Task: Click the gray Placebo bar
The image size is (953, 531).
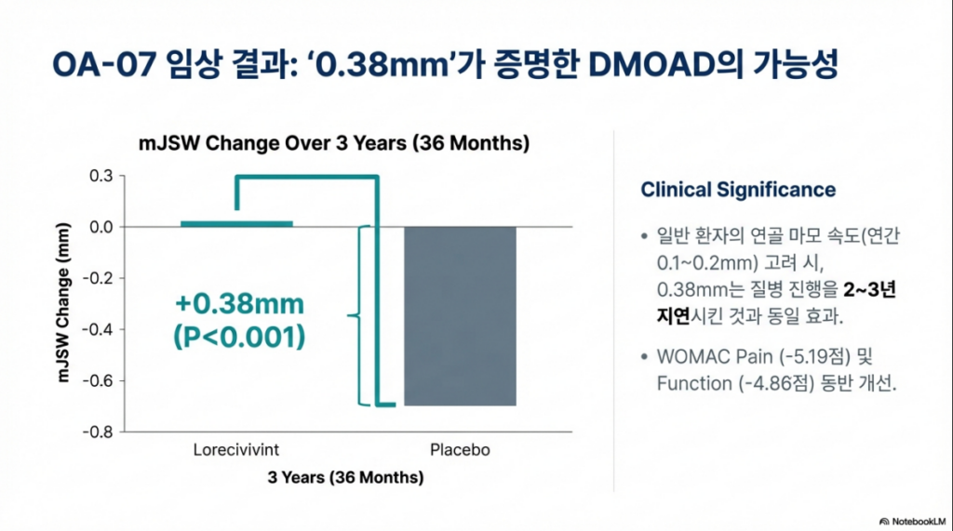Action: (x=460, y=316)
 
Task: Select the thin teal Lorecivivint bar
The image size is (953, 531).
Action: (x=236, y=223)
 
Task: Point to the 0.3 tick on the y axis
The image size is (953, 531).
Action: (x=101, y=176)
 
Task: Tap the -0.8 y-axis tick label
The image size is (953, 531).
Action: (x=98, y=432)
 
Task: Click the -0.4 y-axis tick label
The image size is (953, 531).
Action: (x=98, y=329)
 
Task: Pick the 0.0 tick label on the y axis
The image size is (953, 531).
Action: (x=101, y=227)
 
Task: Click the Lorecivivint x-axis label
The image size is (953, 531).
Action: (x=235, y=449)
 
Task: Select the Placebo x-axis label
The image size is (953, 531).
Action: (x=460, y=449)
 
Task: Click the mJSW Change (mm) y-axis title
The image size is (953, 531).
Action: (x=63, y=302)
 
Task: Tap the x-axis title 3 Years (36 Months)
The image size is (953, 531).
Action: (x=345, y=478)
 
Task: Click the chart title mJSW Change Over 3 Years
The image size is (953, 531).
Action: (x=334, y=143)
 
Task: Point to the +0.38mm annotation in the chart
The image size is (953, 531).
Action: (x=239, y=304)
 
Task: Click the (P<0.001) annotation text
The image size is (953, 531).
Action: (x=239, y=337)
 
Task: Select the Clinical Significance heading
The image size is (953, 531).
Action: (x=738, y=190)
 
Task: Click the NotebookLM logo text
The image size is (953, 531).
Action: (x=919, y=522)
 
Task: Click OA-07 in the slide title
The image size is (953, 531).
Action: (x=104, y=64)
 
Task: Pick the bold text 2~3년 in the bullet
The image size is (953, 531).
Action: (x=870, y=289)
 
